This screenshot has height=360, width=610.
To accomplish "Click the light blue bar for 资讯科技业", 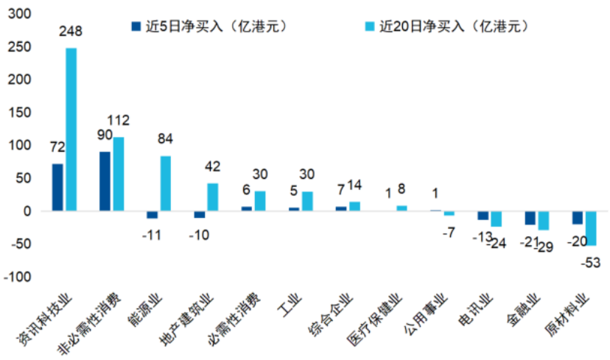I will (x=71, y=130).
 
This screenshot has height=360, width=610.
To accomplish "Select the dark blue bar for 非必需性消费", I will (x=105, y=181).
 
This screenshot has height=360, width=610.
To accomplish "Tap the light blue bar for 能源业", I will (x=165, y=183).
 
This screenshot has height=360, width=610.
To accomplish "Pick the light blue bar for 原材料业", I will (x=591, y=228).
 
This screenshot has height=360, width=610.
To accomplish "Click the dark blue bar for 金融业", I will (x=530, y=218).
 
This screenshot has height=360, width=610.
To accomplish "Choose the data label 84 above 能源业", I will (x=166, y=139).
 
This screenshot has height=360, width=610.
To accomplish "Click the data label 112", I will (x=118, y=121).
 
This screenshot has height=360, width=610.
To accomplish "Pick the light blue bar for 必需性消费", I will (x=260, y=201).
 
